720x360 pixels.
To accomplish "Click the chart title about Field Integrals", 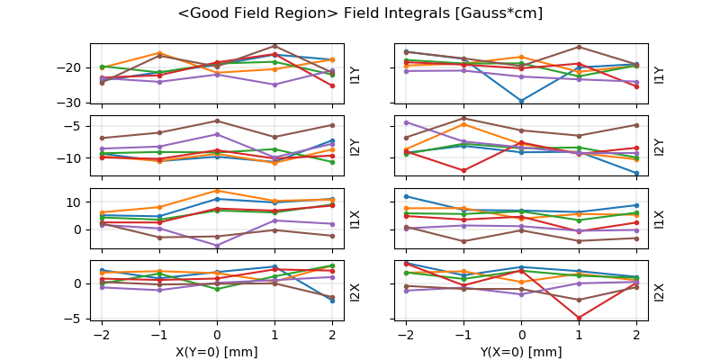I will (x=360, y=14).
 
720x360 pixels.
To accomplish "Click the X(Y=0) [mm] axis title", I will (x=216, y=352).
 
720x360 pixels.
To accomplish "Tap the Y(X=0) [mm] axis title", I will (x=521, y=352).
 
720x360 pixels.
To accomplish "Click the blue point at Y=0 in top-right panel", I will (x=521, y=102).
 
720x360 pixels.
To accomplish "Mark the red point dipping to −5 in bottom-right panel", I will (x=579, y=318).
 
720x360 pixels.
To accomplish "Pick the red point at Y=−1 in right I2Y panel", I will (x=463, y=170).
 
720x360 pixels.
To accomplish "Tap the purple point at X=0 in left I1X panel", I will (x=217, y=246).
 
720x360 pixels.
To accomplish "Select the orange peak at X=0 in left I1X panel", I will (x=217, y=190).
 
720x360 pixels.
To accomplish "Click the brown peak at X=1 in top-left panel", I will (x=274, y=46).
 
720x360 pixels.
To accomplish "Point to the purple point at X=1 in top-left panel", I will (x=274, y=85).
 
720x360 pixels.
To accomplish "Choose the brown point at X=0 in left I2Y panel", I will (x=217, y=121).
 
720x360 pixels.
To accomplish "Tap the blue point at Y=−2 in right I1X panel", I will (x=406, y=196).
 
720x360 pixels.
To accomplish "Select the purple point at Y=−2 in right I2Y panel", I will (x=406, y=122).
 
